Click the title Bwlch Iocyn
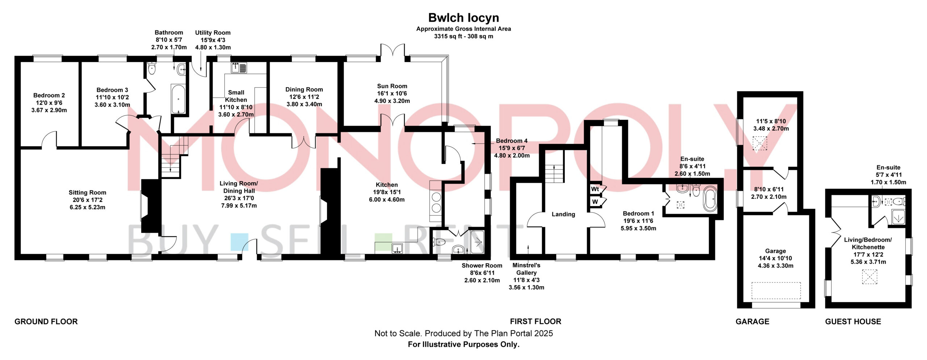point(463,18)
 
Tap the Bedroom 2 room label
point(49,95)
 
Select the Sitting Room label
point(87,193)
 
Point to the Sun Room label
point(392,86)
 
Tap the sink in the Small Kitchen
point(239,68)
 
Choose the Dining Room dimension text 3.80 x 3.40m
point(304,104)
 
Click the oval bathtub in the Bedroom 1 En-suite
point(710,199)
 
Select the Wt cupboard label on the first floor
point(595,189)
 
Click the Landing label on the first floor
point(563,214)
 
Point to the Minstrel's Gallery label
point(527,269)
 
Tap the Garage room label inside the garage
point(775,251)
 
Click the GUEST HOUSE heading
point(853,322)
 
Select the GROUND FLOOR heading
point(46,322)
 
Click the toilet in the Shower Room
point(439,241)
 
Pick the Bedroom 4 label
point(512,141)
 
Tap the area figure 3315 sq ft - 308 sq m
point(463,36)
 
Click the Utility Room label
point(213,33)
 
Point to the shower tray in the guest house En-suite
point(898,217)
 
